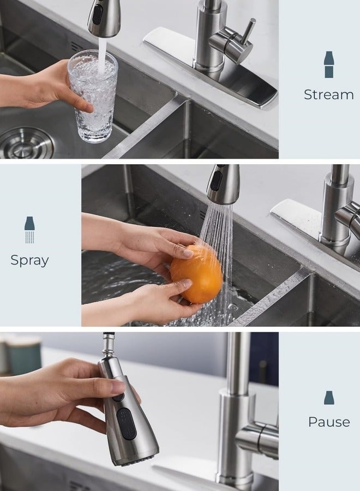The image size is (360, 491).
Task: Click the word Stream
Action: (329, 94)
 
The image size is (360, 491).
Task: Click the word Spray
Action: (30, 260)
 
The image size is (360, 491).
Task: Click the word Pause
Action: (329, 422)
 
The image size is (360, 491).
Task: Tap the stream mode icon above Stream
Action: (329, 64)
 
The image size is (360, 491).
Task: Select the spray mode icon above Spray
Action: (29, 230)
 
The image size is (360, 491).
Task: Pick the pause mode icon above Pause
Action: (329, 397)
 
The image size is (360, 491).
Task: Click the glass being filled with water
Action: (93, 97)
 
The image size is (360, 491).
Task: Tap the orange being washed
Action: (196, 274)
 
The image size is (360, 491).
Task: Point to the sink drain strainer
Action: (27, 143)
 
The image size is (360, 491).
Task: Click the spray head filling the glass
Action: (104, 17)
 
